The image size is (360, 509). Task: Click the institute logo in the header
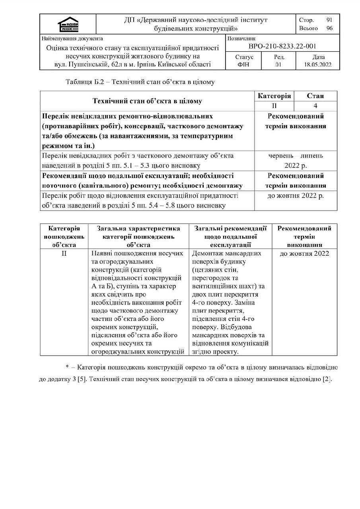pos(68,24)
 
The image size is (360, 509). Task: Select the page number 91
pos(329,20)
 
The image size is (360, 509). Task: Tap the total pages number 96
pos(329,28)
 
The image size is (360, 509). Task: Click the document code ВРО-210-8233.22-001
pos(282,47)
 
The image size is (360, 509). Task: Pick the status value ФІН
pos(243,64)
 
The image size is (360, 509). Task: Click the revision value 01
pos(278,64)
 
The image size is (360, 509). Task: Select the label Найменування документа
pos(72,39)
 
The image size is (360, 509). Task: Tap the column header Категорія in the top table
pos(274,96)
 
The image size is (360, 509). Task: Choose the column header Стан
pos(315,96)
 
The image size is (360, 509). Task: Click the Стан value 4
pos(315,106)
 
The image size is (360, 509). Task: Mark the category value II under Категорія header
pos(274,106)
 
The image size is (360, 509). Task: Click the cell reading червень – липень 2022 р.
pos(296,160)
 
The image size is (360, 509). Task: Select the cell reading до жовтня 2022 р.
pos(296,196)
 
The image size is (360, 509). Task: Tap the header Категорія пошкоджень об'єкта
pos(64,237)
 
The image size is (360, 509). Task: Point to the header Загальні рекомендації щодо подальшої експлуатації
pos(230,237)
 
